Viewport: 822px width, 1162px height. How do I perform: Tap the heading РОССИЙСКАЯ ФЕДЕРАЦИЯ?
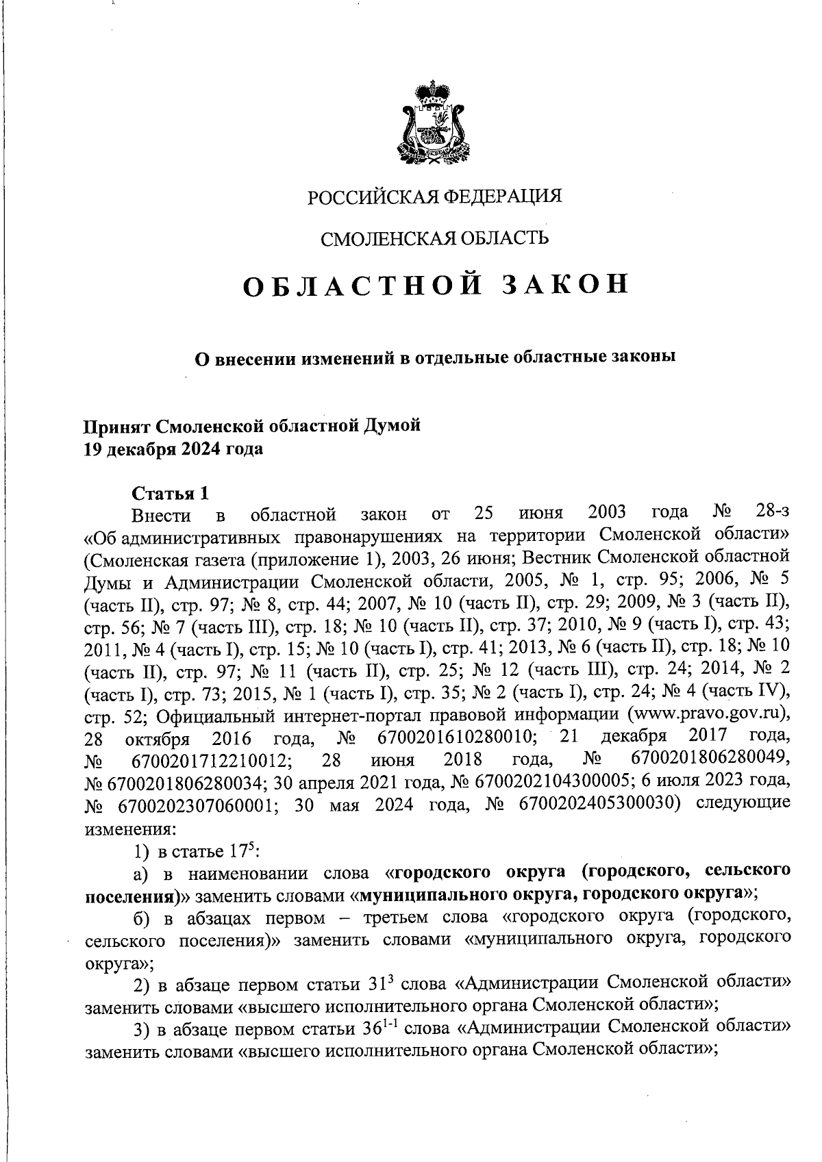tap(434, 197)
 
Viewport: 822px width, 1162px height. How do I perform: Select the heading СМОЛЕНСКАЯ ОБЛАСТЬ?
tap(435, 238)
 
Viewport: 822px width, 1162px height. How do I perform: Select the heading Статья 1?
tap(169, 493)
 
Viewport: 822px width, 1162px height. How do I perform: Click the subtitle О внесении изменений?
tap(434, 357)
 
